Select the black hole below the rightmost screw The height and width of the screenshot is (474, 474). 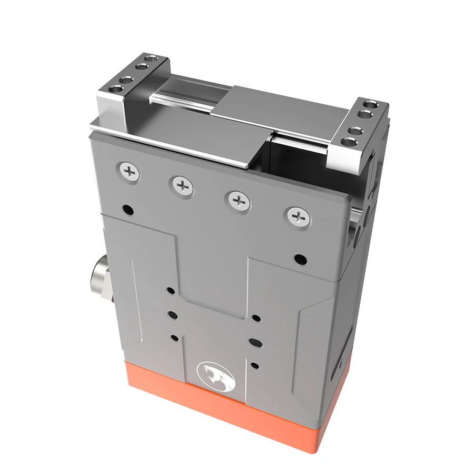coord(299,259)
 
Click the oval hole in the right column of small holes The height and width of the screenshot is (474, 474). coord(255,342)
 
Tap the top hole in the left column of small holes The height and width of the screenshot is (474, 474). coord(170,290)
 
